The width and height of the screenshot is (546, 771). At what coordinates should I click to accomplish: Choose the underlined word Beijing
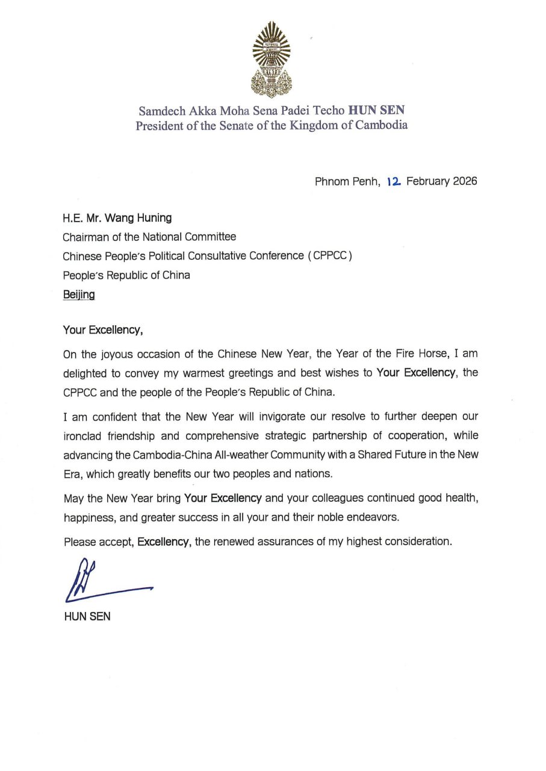pos(79,295)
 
